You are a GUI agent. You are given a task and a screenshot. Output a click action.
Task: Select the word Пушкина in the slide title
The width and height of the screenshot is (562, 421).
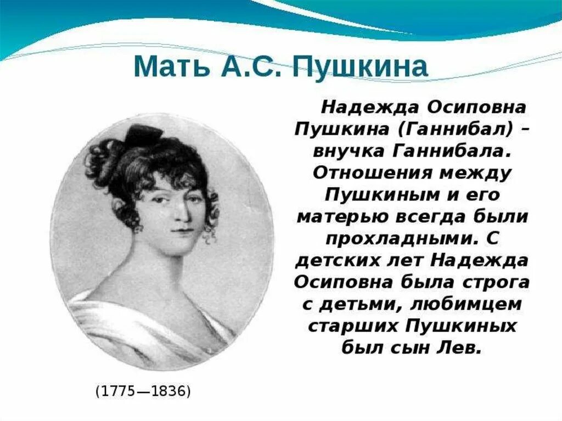[360, 67]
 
